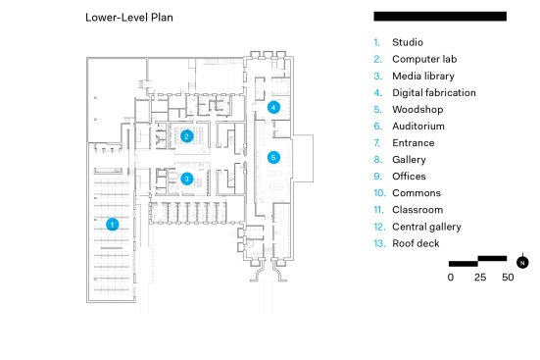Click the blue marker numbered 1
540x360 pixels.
(x=112, y=225)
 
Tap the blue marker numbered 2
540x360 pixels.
(x=186, y=136)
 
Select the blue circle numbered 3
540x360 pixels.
(x=186, y=179)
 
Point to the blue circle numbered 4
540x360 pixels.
(x=273, y=107)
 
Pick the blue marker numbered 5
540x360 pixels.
(x=273, y=158)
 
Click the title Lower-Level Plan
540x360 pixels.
(x=129, y=18)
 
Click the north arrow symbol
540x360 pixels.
(x=522, y=262)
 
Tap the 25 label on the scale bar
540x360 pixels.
(x=480, y=278)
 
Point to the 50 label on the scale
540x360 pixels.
(x=508, y=278)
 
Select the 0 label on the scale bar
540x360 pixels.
(x=451, y=278)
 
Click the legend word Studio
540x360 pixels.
(x=408, y=42)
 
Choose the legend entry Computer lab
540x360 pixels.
(x=424, y=59)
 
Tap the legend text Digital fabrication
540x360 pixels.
(x=434, y=93)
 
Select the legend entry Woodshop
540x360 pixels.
(x=417, y=110)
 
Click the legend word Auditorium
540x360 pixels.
(x=418, y=127)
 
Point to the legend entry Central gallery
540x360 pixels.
(x=426, y=227)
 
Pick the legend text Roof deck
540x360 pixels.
(x=416, y=243)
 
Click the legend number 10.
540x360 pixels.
(x=380, y=193)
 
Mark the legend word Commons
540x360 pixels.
(x=417, y=193)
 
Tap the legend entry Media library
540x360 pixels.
(x=423, y=77)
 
